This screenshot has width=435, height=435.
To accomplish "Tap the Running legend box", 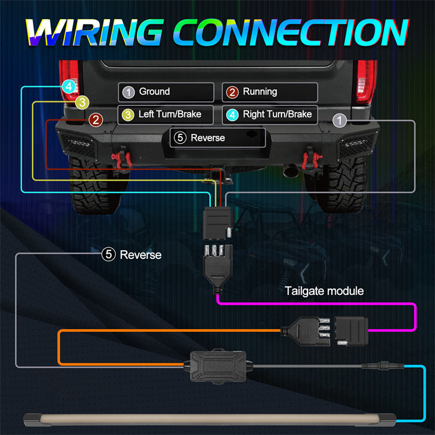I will click(x=270, y=92).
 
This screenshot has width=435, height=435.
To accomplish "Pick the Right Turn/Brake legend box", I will click(x=270, y=114).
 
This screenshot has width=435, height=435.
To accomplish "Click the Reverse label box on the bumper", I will click(x=218, y=138).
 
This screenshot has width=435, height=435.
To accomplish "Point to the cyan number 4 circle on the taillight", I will click(x=70, y=87).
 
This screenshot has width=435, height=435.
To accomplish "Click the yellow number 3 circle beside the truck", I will click(x=83, y=103).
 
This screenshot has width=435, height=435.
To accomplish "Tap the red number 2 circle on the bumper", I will click(x=96, y=120).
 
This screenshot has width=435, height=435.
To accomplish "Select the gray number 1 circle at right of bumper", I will click(x=340, y=120).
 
